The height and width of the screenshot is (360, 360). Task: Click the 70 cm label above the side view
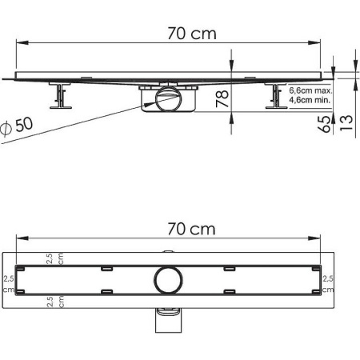[192, 34]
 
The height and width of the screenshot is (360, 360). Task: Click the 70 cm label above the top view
[191, 229]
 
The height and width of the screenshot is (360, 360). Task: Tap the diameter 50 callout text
[17, 126]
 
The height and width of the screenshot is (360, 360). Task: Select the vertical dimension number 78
[222, 98]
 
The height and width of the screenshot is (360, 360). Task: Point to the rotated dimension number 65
[324, 124]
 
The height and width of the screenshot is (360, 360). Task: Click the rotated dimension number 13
[346, 122]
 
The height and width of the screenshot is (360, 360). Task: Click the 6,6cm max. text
[310, 90]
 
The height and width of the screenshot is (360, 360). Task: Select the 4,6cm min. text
[310, 100]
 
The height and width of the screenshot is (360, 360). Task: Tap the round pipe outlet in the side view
[169, 98]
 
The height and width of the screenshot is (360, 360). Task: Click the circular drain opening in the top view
[168, 280]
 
